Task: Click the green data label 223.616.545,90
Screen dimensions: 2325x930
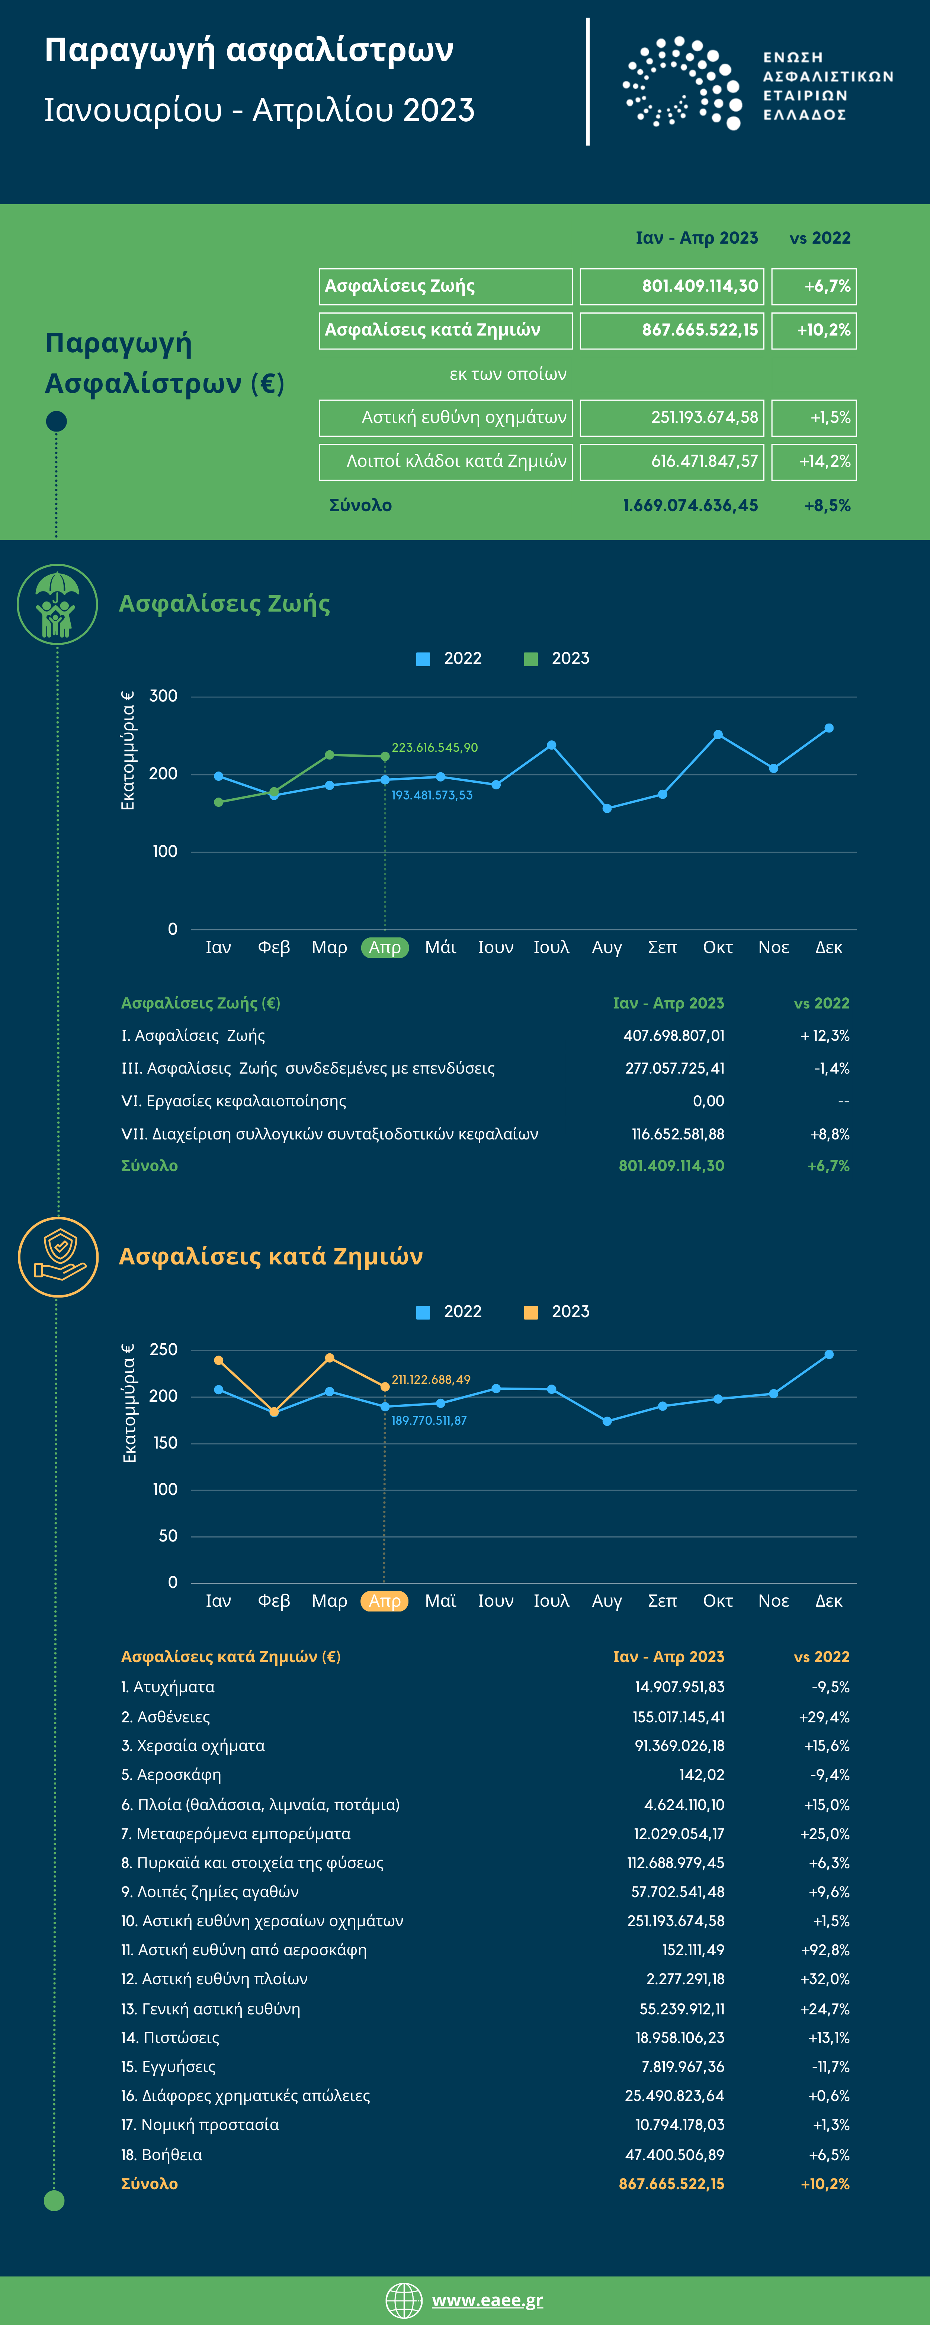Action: pos(434,747)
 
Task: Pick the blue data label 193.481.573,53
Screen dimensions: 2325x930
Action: pos(432,795)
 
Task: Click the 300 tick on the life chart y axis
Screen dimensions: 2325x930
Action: pos(163,696)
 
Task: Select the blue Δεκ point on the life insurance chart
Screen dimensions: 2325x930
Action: pos(829,728)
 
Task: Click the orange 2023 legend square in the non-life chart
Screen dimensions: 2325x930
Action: pos(531,1312)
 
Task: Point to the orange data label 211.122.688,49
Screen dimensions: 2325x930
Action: pos(431,1379)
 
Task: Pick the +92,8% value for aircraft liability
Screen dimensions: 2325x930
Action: pos(825,1950)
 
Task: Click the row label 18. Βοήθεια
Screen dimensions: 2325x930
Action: pos(161,2154)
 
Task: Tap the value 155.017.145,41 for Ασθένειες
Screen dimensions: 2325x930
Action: pos(678,1717)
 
